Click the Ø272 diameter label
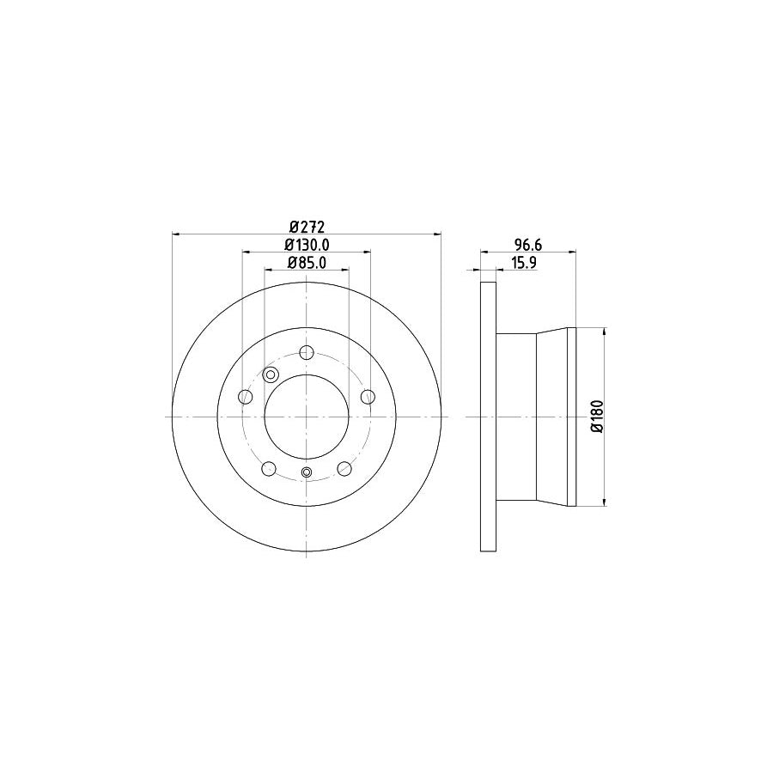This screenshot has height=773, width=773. click(x=307, y=227)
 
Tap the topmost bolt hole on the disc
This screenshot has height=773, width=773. click(x=307, y=352)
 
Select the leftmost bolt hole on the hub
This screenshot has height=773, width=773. click(x=245, y=396)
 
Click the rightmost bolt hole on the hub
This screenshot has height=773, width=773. click(x=368, y=396)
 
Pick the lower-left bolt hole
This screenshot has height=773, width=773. click(x=269, y=468)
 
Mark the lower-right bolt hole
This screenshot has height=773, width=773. click(x=344, y=468)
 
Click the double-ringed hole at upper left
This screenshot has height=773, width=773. click(x=271, y=374)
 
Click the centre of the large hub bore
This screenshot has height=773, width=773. click(x=307, y=417)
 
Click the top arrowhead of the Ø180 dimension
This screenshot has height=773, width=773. click(x=606, y=331)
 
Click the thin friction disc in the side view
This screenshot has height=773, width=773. click(x=488, y=417)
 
